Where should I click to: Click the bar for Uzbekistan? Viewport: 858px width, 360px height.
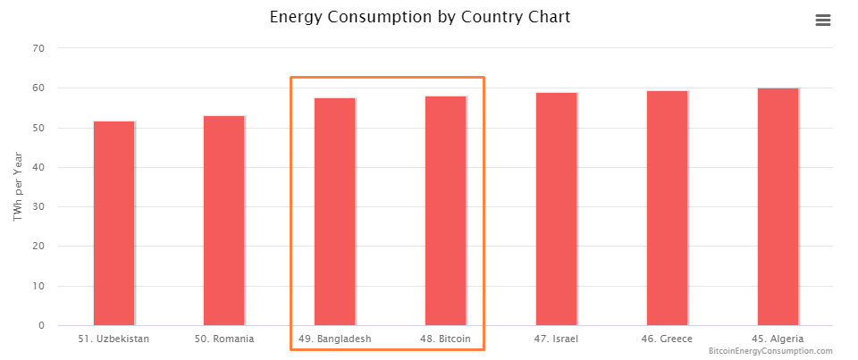coord(114,223)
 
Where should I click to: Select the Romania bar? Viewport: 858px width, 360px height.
coord(224,221)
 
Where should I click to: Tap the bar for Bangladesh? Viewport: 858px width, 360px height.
coord(334,212)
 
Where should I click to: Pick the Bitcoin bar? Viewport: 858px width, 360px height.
coord(445,211)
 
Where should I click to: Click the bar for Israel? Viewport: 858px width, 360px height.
coord(556,209)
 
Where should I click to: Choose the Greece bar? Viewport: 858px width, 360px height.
coord(667,208)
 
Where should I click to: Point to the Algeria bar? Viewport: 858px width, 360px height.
coord(778,206)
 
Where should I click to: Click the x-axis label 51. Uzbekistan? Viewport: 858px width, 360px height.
coord(114,339)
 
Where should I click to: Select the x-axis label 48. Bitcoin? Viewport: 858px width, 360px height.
coord(445,339)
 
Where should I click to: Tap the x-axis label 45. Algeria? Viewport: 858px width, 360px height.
coord(778,339)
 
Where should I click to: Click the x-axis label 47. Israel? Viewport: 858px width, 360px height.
coord(556,339)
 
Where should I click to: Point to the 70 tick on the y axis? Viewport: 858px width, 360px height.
coord(38,48)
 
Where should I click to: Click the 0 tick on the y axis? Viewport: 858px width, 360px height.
coord(41,326)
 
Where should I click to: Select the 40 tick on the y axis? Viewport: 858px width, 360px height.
coord(38,167)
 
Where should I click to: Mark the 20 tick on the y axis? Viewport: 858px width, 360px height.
coord(38,247)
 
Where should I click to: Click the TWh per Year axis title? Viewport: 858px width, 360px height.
coord(18,188)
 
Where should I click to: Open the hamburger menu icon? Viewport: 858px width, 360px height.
coord(823,21)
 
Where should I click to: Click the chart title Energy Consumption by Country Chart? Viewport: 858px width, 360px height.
coord(420,17)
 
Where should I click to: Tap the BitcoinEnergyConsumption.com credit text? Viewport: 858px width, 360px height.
coord(770,352)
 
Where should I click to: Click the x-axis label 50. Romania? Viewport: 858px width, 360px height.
coord(224,339)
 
